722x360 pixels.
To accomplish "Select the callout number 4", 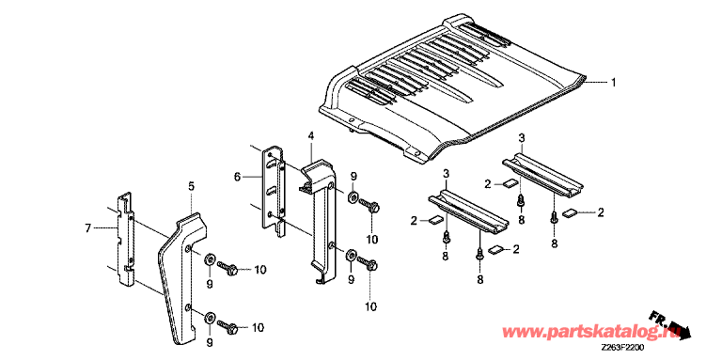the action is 311,135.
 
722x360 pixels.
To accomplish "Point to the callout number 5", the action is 191,186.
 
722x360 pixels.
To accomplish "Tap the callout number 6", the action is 237,177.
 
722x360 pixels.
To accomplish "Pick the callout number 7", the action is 88,227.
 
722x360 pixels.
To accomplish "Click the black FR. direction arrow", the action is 670,325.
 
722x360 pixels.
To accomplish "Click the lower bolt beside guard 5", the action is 228,327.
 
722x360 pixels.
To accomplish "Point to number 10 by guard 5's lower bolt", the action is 258,328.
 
